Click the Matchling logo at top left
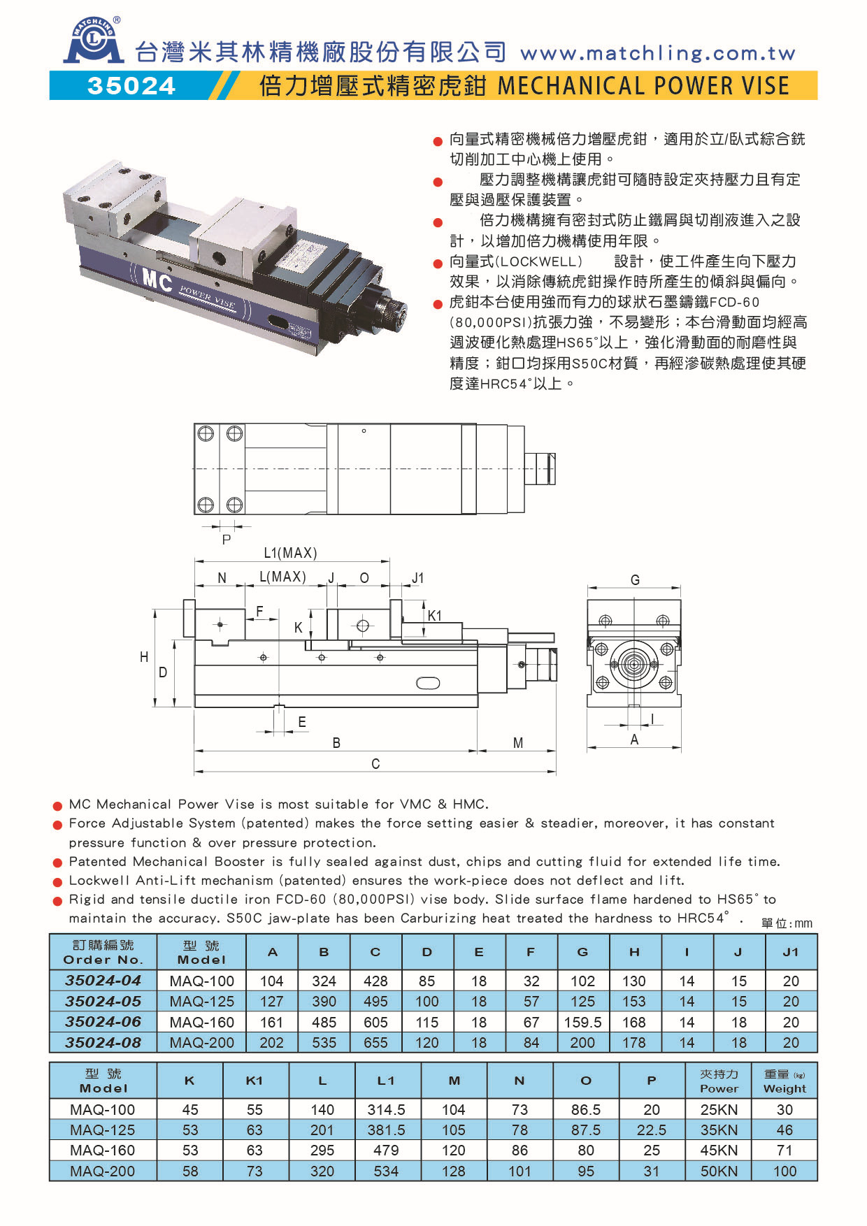(94, 42)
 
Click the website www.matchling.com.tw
(657, 53)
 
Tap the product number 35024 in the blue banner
(131, 85)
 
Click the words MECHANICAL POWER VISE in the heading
(643, 85)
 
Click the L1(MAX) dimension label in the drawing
(290, 553)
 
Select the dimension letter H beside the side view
(144, 656)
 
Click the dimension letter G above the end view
(635, 579)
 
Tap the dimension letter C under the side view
(375, 763)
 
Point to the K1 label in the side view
(435, 615)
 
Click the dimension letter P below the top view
(226, 540)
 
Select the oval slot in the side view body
(428, 683)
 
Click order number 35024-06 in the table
(103, 1022)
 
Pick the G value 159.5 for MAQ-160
(582, 1022)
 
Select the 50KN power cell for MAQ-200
(719, 1171)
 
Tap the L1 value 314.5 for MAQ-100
(386, 1109)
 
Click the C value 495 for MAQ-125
(375, 1002)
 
